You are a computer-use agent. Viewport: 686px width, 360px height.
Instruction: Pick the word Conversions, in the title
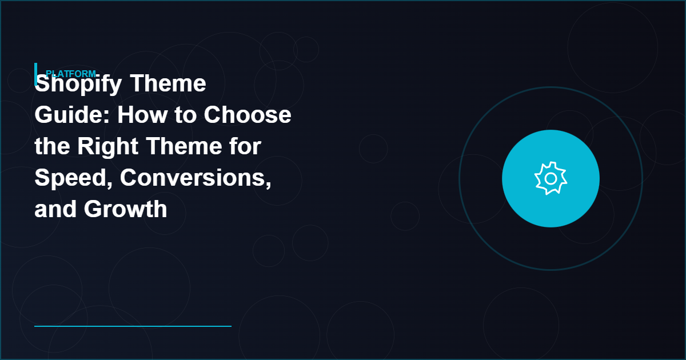[x=196, y=178]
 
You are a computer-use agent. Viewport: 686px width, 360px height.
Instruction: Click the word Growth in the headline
[x=126, y=209]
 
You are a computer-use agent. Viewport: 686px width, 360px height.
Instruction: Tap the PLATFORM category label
[x=70, y=73]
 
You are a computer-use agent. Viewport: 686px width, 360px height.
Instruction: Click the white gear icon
[x=551, y=179]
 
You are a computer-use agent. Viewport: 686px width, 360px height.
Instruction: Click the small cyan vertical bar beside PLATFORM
[x=35, y=73]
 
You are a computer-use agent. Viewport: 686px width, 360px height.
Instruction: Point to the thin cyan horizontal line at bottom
[x=133, y=326]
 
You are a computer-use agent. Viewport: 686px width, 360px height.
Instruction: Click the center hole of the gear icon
[x=551, y=179]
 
